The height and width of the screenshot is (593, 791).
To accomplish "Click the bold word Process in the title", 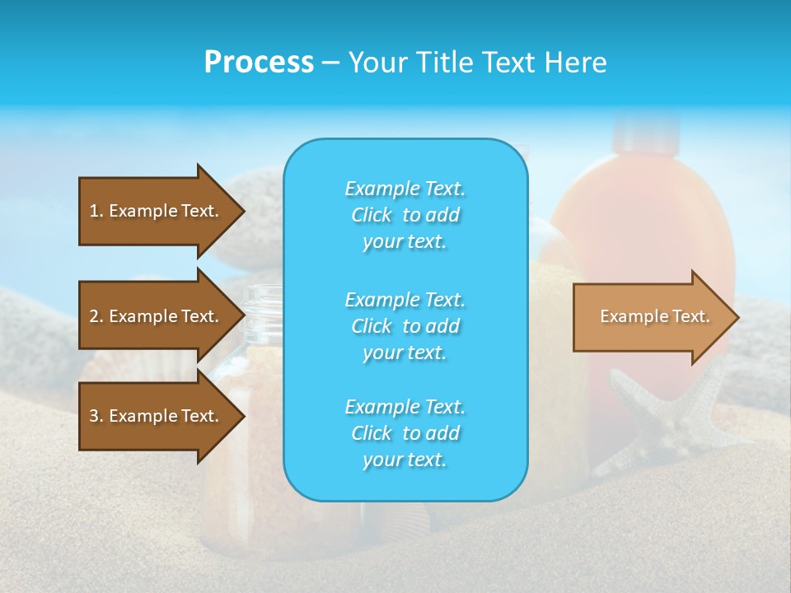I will pyautogui.click(x=259, y=63).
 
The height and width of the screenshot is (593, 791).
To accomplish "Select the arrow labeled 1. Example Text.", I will pyautogui.click(x=157, y=211).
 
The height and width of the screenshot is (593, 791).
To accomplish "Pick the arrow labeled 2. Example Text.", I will pyautogui.click(x=157, y=316).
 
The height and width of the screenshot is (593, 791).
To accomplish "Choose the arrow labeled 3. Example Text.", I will pyautogui.click(x=157, y=416).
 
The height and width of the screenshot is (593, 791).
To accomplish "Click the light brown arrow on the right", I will pyautogui.click(x=651, y=317).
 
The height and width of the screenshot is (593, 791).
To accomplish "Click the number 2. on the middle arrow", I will pyautogui.click(x=96, y=316).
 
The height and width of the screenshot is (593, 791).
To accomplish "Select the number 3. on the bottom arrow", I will pyautogui.click(x=96, y=416).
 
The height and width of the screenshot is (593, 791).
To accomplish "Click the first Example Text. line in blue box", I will pyautogui.click(x=405, y=189).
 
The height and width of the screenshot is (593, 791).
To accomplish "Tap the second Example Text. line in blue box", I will pyautogui.click(x=405, y=299).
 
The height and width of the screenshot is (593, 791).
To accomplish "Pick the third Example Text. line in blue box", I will pyautogui.click(x=405, y=407).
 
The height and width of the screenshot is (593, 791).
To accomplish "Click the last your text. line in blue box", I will pyautogui.click(x=405, y=460).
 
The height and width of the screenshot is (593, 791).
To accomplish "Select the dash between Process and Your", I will pyautogui.click(x=330, y=63).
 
